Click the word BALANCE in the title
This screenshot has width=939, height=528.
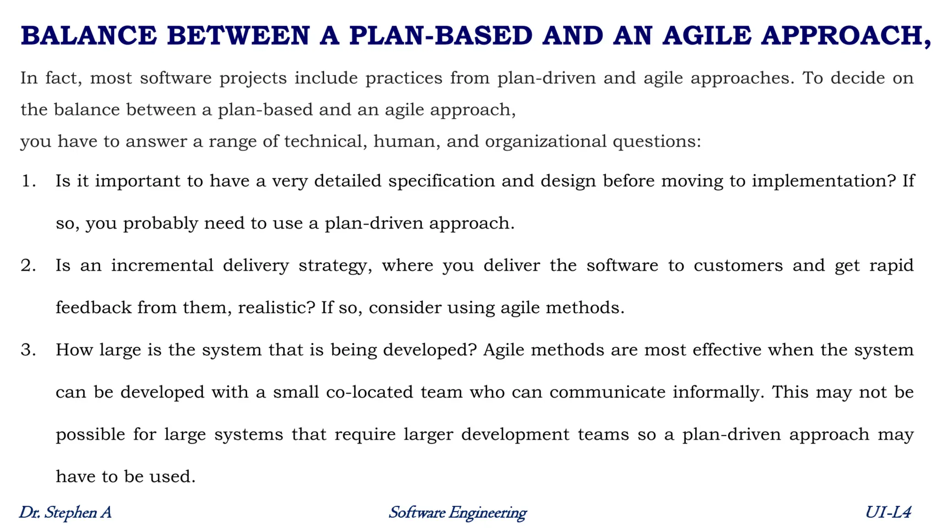[89, 36]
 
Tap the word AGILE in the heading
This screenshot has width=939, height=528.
[707, 36]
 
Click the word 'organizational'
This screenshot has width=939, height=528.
[546, 141]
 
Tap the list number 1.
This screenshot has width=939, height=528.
[28, 181]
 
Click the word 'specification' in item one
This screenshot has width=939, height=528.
[442, 181]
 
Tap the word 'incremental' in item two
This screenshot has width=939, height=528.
[162, 265]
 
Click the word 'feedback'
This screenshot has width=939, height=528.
[94, 308]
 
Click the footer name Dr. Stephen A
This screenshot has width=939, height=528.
[65, 512]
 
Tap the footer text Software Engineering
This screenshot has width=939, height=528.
[458, 512]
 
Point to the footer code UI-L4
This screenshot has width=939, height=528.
[888, 512]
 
